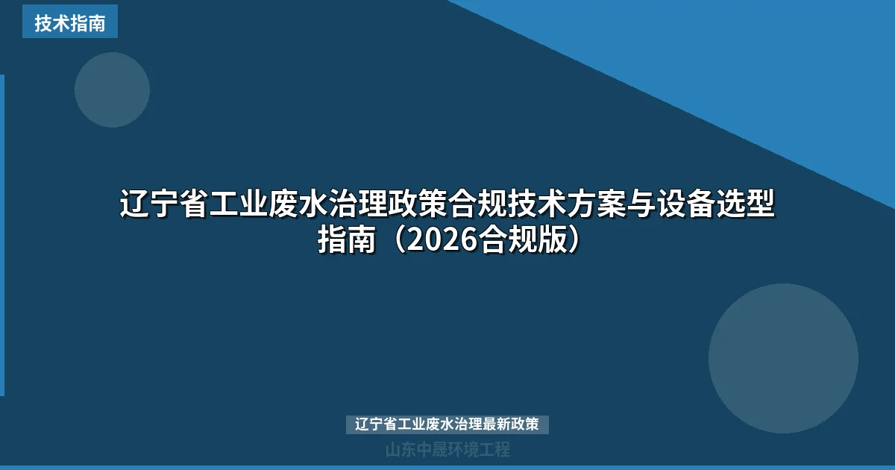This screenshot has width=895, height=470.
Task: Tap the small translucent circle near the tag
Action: click(112, 90)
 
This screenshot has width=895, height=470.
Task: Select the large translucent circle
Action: click(783, 358)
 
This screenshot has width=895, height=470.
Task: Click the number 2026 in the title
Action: click(443, 240)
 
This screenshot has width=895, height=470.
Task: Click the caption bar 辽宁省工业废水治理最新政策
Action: click(447, 424)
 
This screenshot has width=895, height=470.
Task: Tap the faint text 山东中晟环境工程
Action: click(447, 450)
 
